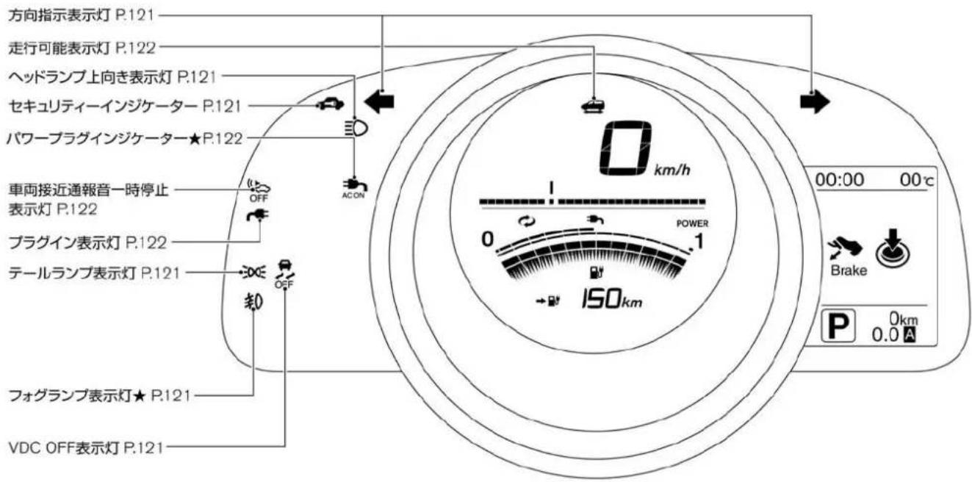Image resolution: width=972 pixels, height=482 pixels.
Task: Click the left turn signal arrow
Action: (x=379, y=102)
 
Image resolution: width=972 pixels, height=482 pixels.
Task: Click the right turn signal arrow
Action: (x=815, y=102)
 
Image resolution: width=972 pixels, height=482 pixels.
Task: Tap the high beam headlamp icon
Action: (x=356, y=129)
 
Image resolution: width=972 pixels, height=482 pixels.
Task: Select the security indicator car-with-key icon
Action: (x=330, y=104)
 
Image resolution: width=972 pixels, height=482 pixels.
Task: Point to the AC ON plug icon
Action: (x=354, y=189)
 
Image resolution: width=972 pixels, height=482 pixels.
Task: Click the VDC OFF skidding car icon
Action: (x=284, y=274)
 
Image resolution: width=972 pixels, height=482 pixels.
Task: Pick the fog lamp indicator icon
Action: (x=253, y=302)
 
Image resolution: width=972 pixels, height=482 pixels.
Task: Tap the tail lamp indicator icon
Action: (x=253, y=273)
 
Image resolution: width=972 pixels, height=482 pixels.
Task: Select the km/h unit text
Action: (x=672, y=170)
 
